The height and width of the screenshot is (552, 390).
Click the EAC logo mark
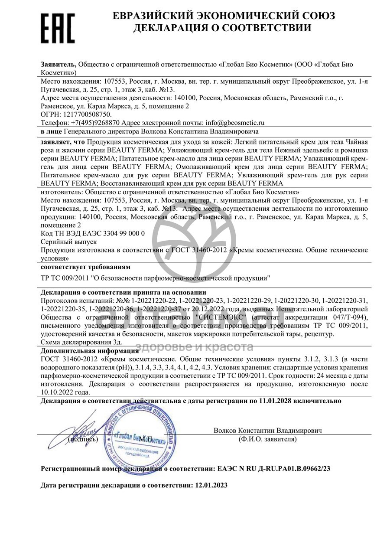[x=58, y=27]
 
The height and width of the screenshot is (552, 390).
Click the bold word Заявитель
[x=58, y=64]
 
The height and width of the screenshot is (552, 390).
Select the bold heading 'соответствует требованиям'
[x=85, y=267]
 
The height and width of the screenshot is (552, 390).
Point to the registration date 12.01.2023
[x=211, y=486]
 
